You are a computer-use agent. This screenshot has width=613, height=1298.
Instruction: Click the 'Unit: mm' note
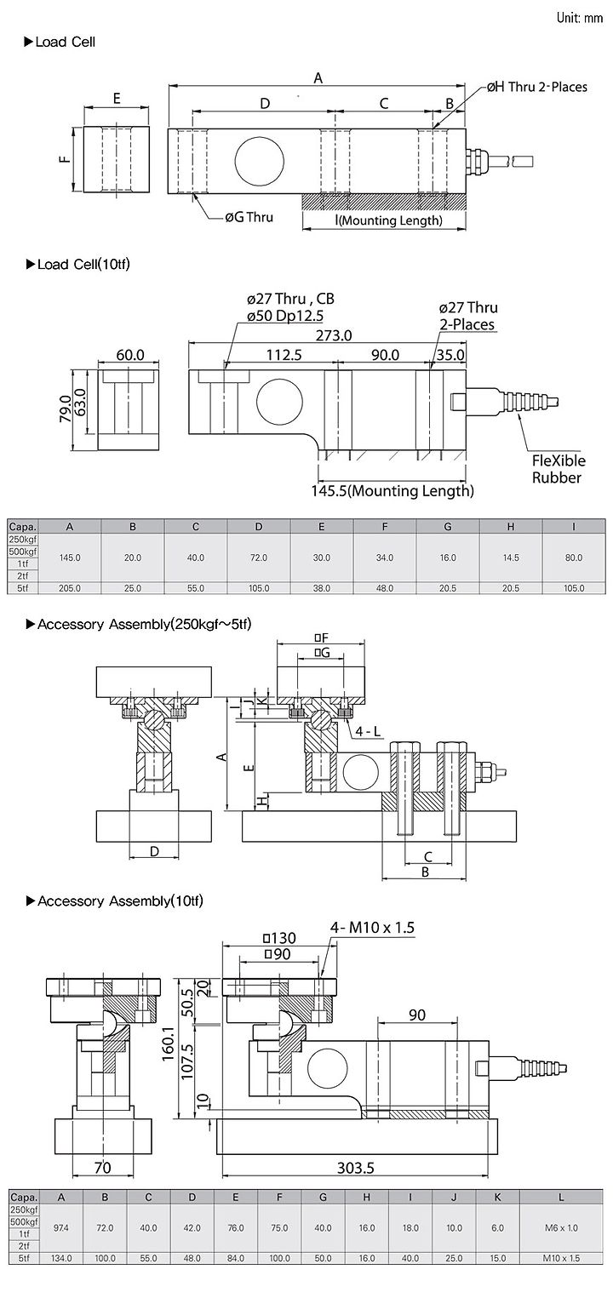(580, 18)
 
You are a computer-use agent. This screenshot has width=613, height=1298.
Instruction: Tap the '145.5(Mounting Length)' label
(392, 491)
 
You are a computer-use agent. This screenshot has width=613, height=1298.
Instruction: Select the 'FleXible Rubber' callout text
(559, 469)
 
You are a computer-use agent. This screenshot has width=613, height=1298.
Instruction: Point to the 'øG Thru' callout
(249, 217)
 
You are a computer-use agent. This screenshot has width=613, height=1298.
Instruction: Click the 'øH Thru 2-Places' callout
(536, 88)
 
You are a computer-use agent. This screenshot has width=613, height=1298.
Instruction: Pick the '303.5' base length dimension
(355, 1168)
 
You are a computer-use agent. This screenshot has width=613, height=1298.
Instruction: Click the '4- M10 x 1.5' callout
(372, 928)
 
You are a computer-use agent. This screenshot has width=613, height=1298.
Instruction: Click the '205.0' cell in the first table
(70, 588)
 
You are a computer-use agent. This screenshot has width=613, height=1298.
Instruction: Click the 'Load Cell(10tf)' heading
(78, 265)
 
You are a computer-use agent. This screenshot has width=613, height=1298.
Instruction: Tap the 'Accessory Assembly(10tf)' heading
(115, 901)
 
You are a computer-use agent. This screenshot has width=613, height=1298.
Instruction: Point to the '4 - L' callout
(369, 732)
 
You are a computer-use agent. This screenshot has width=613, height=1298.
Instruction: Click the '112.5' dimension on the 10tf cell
(284, 355)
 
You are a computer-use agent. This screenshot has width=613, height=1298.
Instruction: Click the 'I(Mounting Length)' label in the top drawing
(389, 220)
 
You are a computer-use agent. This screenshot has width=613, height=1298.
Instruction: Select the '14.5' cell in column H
(511, 558)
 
